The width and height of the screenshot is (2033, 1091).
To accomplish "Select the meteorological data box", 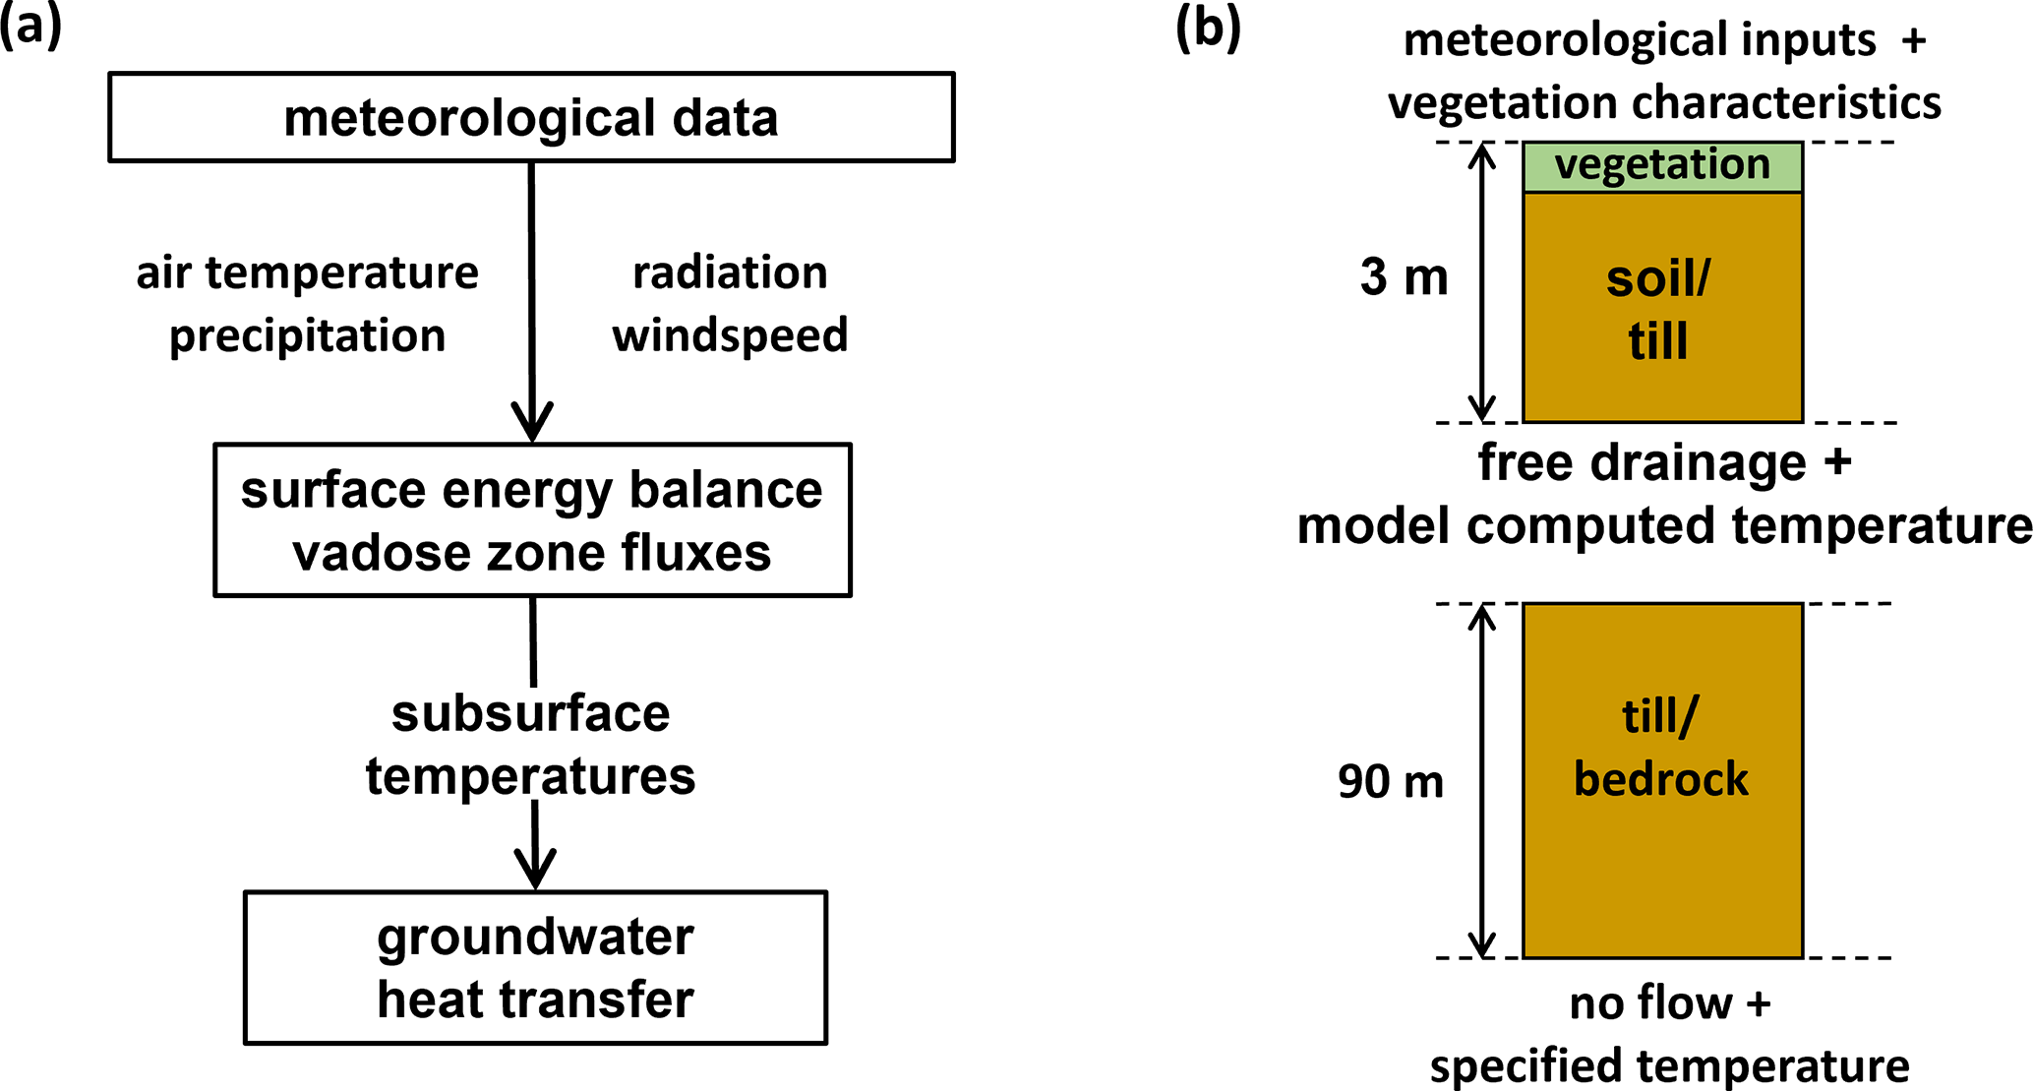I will pos(531,117).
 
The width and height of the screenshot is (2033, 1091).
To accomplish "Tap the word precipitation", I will pos(307,336).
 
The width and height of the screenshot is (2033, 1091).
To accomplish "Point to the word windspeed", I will pos(730,335).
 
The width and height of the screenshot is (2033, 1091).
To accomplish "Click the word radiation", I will pos(730,273).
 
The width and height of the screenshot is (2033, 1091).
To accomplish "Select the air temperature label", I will pos(307,273).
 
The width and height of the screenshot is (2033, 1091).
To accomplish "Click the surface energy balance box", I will pos(532,519).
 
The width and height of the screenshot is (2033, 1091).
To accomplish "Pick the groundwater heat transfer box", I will pos(535,967).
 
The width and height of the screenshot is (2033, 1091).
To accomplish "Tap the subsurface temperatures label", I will pos(531,745).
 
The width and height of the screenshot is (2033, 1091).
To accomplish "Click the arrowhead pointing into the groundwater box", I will pos(535,870).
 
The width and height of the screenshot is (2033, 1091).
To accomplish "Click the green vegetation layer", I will pos(1662,166).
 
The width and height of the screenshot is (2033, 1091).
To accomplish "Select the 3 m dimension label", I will pos(1404,278).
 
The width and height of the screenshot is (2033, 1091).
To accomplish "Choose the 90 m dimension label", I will pos(1391,782).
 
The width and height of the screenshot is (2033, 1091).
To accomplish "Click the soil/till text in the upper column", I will pos(1659,310).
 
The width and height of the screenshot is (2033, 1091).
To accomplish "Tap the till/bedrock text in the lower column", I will pos(1661,748).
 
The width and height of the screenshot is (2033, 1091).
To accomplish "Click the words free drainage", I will pos(1643,462).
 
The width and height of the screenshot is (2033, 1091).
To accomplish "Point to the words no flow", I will pos(1650,1004).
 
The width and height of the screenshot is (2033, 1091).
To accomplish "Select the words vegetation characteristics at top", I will pos(1664,103).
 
